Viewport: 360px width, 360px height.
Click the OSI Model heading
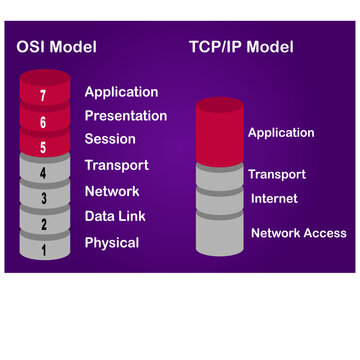click(x=57, y=46)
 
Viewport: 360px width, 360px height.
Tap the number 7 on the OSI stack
click(x=41, y=97)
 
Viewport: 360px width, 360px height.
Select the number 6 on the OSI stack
click(x=41, y=122)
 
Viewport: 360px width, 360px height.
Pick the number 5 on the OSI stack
click(x=41, y=148)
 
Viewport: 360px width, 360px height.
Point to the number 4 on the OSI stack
click(x=41, y=173)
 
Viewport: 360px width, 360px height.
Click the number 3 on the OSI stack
click(x=41, y=199)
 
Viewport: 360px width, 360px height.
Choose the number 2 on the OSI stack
click(x=41, y=224)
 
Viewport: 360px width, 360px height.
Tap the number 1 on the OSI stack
click(x=41, y=249)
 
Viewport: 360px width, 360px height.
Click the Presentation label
click(x=125, y=116)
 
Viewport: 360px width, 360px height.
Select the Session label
click(x=110, y=140)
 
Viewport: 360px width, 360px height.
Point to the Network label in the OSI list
click(x=112, y=191)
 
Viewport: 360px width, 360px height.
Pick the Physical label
click(x=112, y=242)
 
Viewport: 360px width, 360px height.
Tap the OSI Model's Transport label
click(x=116, y=165)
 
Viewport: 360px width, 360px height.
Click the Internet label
click(x=274, y=199)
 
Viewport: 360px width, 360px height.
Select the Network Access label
click(x=298, y=233)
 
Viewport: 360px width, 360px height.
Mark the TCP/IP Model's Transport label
click(x=277, y=174)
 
